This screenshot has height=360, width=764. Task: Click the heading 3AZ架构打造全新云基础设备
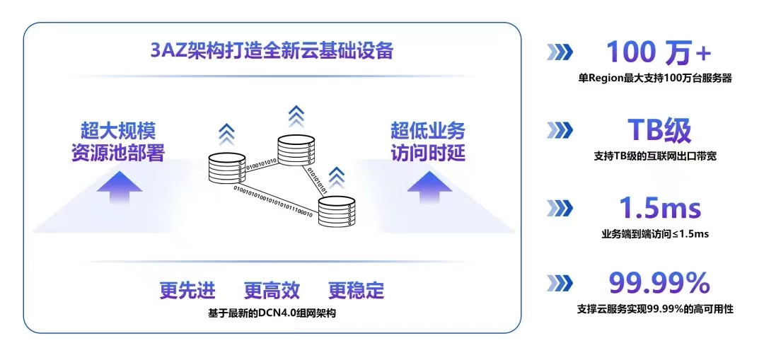[272, 52]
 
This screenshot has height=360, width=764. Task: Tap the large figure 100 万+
[658, 52]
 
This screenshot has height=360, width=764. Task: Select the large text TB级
[659, 130]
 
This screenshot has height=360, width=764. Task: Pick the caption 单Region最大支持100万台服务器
[654, 79]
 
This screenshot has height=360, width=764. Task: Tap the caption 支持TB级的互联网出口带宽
[655, 156]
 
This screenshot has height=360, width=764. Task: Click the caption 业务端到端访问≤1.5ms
[655, 233]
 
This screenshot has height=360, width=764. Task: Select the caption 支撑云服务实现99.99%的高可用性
[655, 309]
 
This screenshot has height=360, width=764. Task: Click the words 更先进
[187, 290]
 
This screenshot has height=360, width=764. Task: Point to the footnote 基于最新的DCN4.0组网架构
[272, 312]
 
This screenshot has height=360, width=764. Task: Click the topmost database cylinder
[295, 150]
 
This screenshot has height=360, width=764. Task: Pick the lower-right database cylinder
[335, 211]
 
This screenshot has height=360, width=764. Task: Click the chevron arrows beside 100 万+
[560, 52]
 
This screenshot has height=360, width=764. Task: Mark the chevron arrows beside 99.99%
[560, 284]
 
